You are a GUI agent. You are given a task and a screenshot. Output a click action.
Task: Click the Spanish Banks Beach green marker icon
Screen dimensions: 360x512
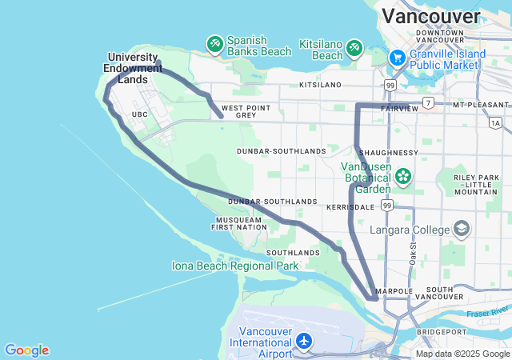(214, 44)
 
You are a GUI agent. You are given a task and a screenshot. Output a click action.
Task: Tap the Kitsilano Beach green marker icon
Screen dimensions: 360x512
(354, 50)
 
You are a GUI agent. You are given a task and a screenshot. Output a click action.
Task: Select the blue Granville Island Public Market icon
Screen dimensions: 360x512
(397, 58)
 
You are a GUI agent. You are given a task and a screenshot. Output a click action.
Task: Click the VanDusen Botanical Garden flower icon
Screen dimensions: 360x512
(403, 175)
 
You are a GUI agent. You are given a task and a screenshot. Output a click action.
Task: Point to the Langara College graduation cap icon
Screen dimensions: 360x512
(462, 230)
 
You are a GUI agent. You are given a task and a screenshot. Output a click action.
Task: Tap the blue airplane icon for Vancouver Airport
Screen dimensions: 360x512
(304, 342)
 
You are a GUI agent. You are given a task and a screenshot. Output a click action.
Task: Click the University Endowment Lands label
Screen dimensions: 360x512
(133, 68)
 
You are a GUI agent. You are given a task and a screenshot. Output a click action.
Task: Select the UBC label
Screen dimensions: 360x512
(140, 114)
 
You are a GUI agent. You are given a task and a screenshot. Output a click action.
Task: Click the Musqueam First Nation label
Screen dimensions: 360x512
(238, 223)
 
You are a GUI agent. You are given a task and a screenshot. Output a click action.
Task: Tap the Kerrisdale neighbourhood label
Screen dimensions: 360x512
(350, 206)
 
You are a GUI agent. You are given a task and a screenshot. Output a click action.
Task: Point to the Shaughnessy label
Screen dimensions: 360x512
(389, 152)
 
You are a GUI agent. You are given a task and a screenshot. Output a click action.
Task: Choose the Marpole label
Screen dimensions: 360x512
(394, 291)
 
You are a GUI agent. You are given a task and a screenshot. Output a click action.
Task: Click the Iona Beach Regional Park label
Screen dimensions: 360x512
(235, 266)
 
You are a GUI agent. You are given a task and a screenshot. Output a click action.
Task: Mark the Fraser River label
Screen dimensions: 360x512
(489, 310)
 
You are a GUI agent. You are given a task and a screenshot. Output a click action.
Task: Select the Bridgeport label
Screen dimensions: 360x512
(440, 331)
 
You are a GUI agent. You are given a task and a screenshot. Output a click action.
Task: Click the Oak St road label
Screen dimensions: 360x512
(413, 254)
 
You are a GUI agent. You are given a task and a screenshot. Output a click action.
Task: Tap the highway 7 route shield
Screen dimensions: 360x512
(429, 102)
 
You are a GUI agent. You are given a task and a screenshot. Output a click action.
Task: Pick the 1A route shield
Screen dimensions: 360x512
(496, 122)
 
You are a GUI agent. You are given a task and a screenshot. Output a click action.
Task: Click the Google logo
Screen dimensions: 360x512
(26, 350)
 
